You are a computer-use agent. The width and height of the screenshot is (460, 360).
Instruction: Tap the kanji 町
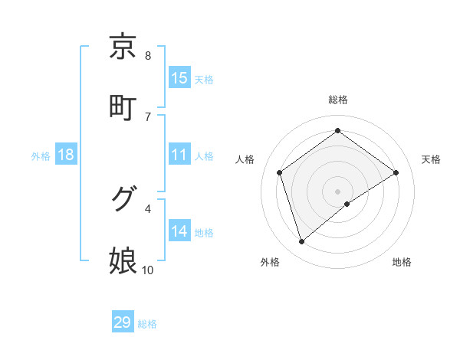click(123, 106)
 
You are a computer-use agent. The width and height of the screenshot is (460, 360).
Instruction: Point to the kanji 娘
click(123, 260)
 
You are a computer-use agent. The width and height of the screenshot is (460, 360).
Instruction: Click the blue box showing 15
click(179, 78)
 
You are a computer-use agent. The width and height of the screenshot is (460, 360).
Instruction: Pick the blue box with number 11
click(179, 155)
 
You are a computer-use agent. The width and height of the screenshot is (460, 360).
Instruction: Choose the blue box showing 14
click(179, 231)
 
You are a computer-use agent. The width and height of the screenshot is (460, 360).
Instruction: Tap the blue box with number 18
click(66, 155)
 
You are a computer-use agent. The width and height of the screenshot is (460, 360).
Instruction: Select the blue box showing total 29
click(123, 322)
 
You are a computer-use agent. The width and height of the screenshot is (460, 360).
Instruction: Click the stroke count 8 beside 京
click(148, 55)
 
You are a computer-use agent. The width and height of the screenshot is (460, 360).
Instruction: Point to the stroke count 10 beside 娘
click(148, 270)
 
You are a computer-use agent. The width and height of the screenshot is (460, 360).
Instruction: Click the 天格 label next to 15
click(204, 79)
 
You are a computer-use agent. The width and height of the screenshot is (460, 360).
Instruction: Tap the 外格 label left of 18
click(41, 155)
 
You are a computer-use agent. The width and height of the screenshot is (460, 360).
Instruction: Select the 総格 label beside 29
click(148, 323)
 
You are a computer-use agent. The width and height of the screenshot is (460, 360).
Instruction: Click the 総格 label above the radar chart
click(338, 100)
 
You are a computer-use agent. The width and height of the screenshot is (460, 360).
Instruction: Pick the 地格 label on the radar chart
click(402, 262)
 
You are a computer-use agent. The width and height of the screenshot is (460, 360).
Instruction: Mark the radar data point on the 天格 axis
click(396, 172)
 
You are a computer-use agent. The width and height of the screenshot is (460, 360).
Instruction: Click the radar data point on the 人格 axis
click(280, 172)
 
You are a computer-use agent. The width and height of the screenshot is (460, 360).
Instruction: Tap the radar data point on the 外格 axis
click(302, 242)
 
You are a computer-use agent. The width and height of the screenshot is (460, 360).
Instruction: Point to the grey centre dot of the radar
click(338, 191)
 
